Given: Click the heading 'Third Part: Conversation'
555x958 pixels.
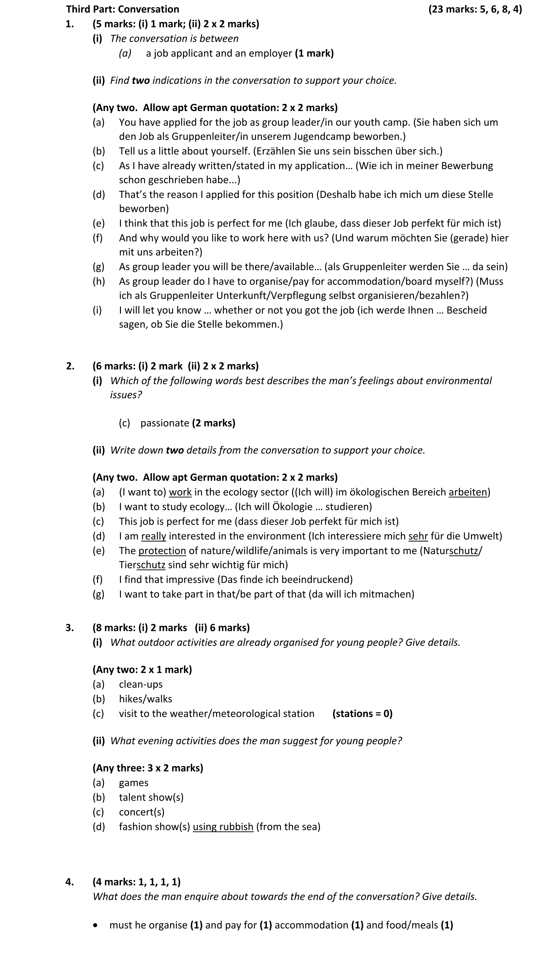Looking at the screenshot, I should (x=122, y=9).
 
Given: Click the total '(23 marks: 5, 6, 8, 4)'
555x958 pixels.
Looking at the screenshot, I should (x=475, y=9).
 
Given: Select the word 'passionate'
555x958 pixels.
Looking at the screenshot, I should (x=165, y=423).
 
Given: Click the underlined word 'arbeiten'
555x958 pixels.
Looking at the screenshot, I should (x=467, y=492).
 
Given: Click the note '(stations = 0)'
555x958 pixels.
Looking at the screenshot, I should (x=362, y=714).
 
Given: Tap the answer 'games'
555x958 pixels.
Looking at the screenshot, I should (x=133, y=782).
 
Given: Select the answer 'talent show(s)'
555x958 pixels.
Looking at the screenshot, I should (x=151, y=797).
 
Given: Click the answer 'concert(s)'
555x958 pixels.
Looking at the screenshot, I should (x=142, y=812).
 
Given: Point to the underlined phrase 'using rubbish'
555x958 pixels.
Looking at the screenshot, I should (x=223, y=827).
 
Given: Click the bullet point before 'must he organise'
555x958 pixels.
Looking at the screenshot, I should (x=95, y=925).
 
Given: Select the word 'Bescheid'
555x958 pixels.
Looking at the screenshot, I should (x=466, y=310).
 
